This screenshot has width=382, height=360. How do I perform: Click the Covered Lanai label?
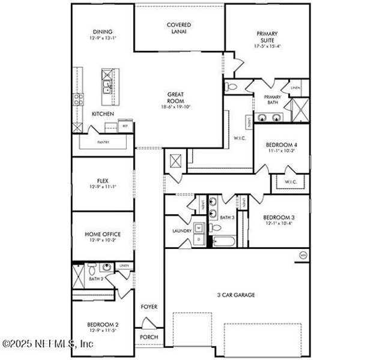click(179, 28)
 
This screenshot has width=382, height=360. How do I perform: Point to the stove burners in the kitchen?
click(77, 100)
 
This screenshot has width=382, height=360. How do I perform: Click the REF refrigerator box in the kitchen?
click(125, 126)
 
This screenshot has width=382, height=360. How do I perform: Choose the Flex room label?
click(102, 180)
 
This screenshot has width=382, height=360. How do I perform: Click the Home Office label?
click(102, 234)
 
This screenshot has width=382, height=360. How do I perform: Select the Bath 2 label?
click(97, 278)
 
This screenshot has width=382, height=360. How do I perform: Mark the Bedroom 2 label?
click(102, 325)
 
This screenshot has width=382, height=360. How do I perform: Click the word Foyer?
click(149, 307)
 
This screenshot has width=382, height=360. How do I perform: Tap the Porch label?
click(149, 337)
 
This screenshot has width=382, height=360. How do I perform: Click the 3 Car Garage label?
click(236, 295)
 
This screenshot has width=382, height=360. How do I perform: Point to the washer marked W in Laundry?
click(199, 228)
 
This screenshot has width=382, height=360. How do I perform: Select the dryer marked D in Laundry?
click(199, 239)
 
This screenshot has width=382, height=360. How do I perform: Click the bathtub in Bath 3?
click(225, 242)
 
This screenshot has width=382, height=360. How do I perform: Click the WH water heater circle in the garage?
click(303, 255)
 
